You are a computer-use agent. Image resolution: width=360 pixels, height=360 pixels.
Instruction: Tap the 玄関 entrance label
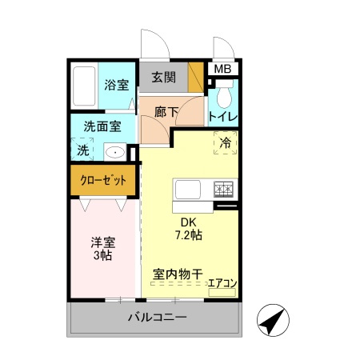coord(163,78)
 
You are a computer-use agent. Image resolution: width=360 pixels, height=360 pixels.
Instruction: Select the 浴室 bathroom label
coord(116,85)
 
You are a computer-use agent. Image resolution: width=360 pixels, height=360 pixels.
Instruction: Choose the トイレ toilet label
coord(223,117)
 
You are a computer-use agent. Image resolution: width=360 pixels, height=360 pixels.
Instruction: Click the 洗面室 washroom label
coord(103,126)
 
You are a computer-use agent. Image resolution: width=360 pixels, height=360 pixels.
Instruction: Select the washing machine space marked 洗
coord(83,150)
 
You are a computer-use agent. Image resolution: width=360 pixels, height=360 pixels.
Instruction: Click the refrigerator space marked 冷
coord(226,143)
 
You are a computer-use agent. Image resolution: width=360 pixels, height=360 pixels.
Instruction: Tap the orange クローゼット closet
coord(103,181)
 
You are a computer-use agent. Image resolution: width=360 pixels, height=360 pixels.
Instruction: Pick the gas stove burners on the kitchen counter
coord(223,190)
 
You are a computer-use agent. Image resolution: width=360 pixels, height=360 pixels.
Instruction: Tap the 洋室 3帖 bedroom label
coord(101,249)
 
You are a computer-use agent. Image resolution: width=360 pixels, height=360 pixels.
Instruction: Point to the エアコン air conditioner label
coord(222,282)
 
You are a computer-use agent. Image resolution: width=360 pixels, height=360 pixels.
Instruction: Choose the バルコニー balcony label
coord(157,318)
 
